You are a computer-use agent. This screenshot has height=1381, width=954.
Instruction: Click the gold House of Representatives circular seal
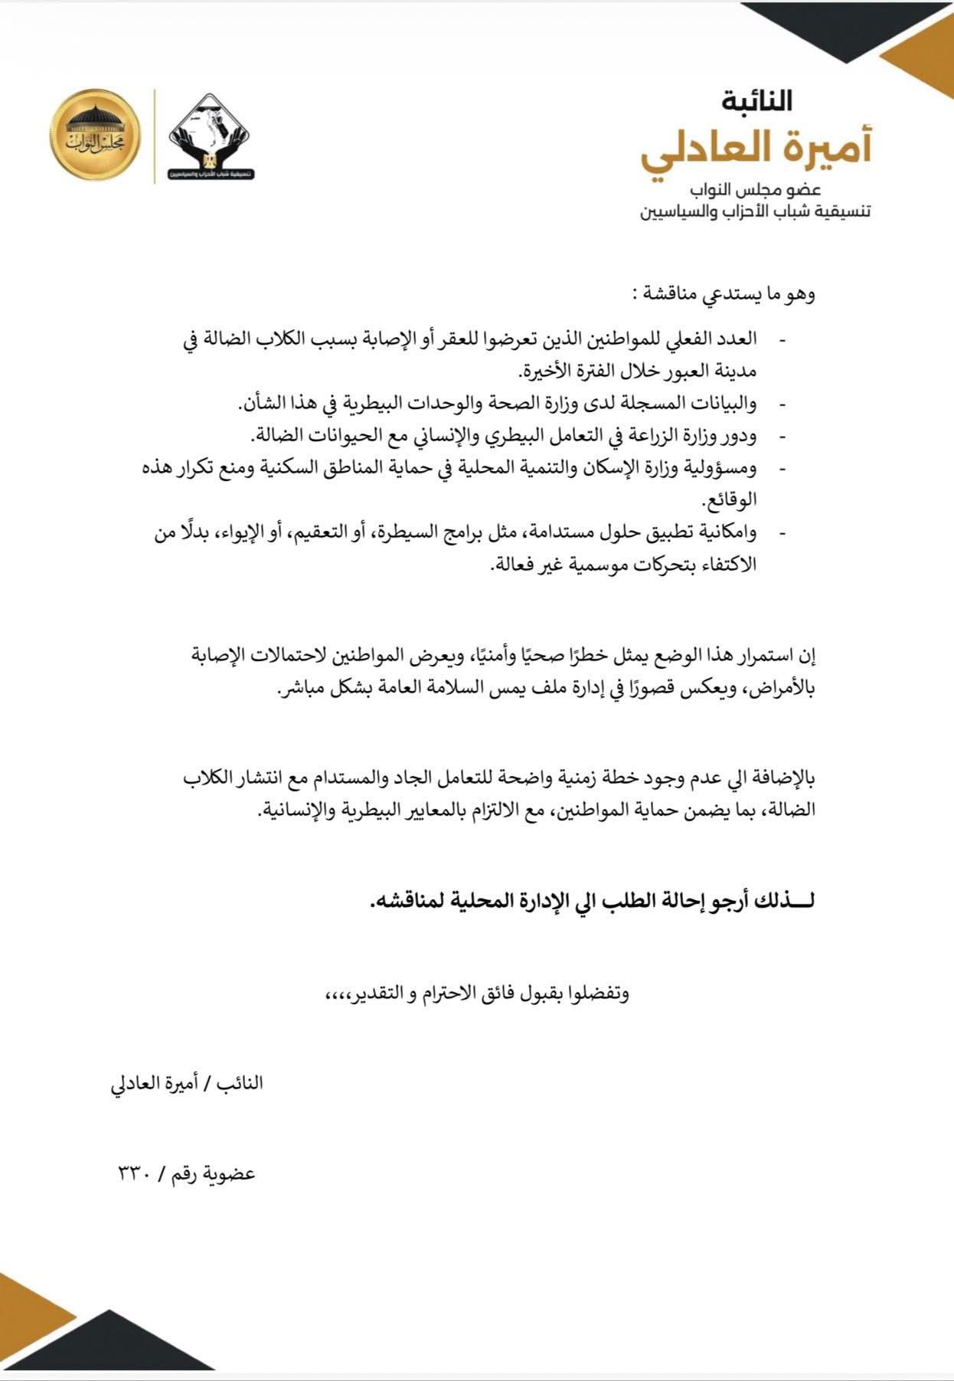click(96, 134)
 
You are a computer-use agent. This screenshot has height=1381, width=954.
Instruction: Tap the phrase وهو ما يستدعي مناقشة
click(734, 293)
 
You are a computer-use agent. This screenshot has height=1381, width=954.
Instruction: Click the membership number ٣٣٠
click(136, 1173)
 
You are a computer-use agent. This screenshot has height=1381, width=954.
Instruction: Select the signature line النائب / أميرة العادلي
click(187, 1082)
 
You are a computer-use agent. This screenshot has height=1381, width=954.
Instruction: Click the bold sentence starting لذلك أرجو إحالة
click(591, 901)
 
